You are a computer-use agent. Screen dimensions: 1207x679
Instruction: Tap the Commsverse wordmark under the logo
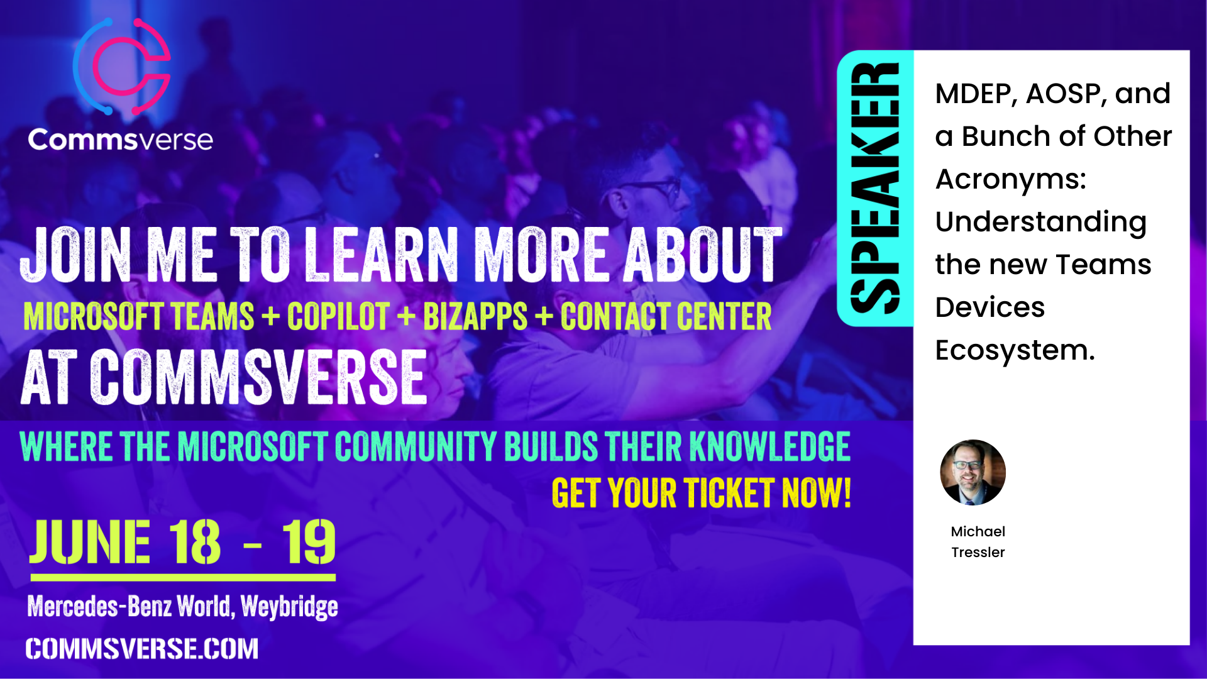pyautogui.click(x=120, y=139)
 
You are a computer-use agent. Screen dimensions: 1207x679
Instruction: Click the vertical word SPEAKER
pyautogui.click(x=874, y=188)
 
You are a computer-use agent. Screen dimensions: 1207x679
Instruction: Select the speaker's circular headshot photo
pyautogui.click(x=973, y=472)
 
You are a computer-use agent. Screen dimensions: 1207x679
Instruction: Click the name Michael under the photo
pyautogui.click(x=978, y=531)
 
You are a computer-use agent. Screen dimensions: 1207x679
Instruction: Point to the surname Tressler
pyautogui.click(x=978, y=552)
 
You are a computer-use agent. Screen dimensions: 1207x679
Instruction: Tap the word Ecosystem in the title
pyautogui.click(x=1015, y=350)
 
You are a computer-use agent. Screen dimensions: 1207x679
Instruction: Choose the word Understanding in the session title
pyautogui.click(x=1041, y=223)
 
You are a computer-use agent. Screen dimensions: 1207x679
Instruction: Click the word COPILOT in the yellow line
pyautogui.click(x=338, y=316)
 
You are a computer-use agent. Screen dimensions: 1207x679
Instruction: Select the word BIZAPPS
pyautogui.click(x=475, y=316)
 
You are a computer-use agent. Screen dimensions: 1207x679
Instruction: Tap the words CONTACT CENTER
pyautogui.click(x=666, y=316)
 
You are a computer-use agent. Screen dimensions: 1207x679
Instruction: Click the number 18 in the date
pyautogui.click(x=195, y=542)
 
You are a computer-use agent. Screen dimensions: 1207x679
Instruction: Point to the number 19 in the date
pyautogui.click(x=309, y=542)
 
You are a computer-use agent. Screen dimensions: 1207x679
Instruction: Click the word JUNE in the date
pyautogui.click(x=91, y=542)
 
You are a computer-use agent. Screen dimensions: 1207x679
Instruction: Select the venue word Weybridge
pyautogui.click(x=289, y=607)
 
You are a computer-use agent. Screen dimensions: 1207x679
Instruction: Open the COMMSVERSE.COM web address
pyautogui.click(x=142, y=649)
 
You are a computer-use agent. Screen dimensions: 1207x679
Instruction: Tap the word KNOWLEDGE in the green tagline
pyautogui.click(x=770, y=446)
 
